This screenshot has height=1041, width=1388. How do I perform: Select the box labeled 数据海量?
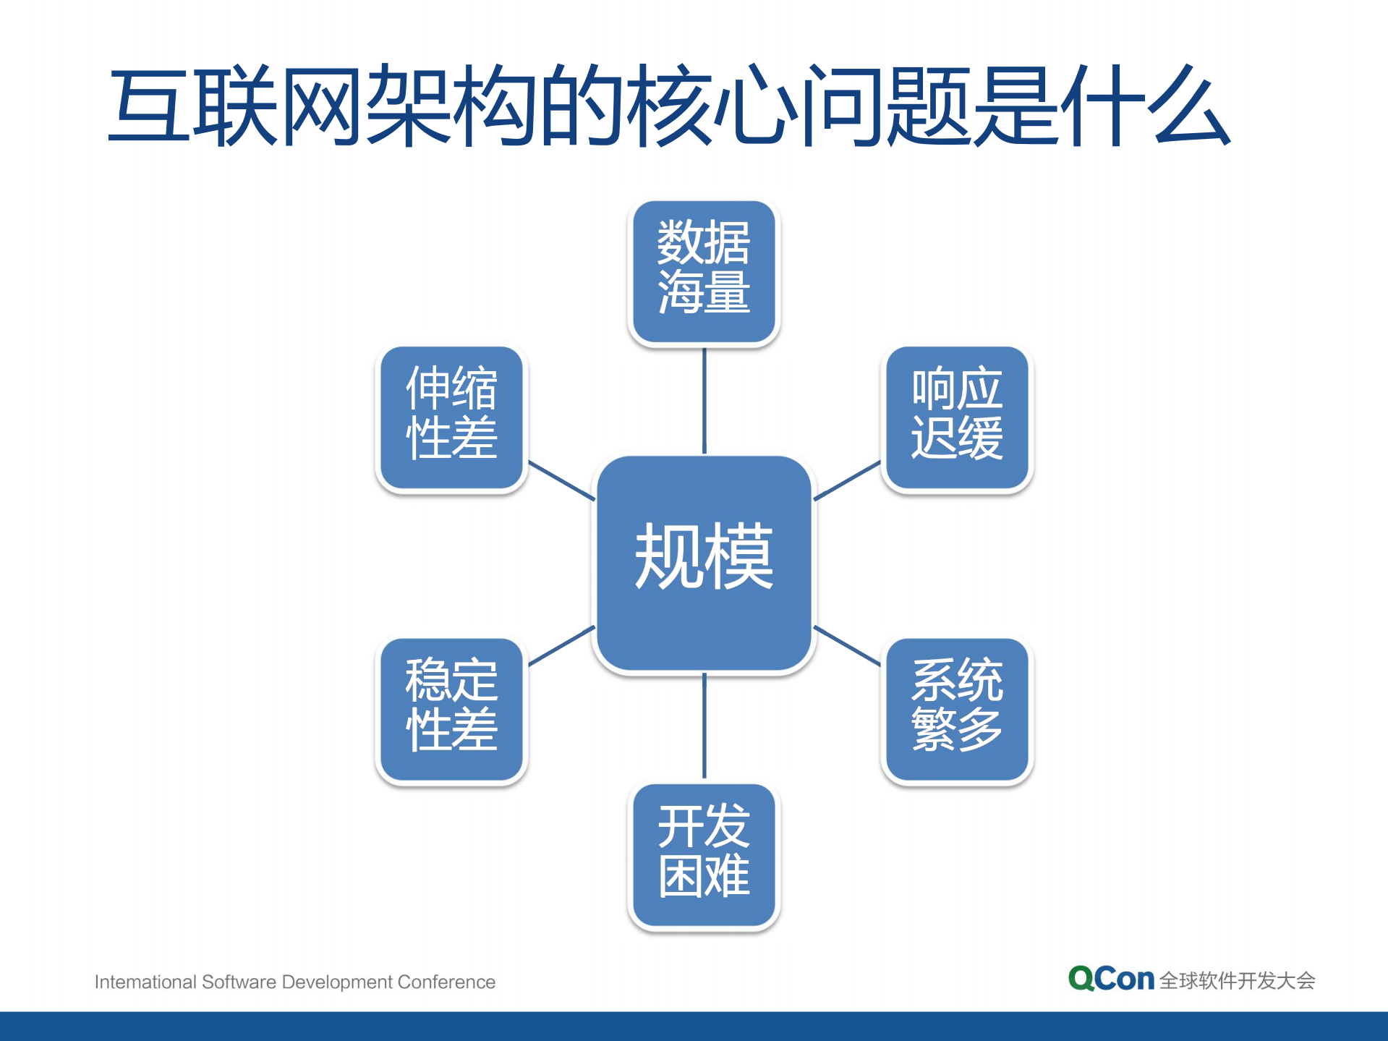704,271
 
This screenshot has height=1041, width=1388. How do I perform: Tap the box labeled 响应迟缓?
956,417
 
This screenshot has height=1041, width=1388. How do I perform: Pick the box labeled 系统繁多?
956,709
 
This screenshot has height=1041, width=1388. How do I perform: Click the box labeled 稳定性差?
451,709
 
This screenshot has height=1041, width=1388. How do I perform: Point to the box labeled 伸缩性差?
451,417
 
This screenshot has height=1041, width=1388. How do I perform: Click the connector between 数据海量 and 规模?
704,401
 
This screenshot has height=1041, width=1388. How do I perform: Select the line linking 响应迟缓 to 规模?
847,480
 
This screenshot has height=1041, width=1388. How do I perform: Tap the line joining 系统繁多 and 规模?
847,645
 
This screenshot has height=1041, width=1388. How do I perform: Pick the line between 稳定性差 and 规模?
561,645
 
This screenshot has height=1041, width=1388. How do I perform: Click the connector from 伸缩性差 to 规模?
561,480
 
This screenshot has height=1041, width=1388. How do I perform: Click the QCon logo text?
1111,979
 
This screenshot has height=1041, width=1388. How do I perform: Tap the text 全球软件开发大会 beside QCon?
1237,981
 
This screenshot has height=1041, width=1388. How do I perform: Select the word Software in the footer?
239,982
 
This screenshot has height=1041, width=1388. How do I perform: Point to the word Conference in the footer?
446,982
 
